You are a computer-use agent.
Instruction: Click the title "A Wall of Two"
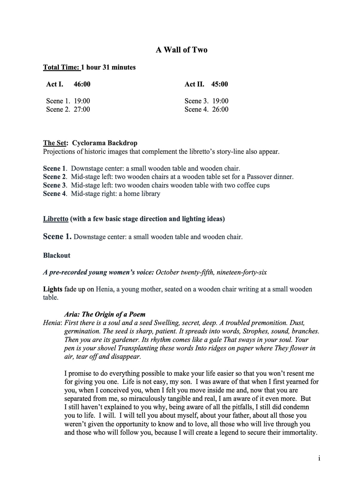(181, 50)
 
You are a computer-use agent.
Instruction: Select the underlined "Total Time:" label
(62, 67)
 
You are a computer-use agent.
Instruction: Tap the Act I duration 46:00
(82, 84)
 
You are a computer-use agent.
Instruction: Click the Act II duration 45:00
(219, 84)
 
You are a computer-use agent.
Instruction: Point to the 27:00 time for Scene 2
(82, 109)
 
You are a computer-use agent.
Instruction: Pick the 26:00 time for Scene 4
(220, 109)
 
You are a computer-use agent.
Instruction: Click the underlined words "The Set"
(54, 143)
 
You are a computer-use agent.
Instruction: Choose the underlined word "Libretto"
(56, 219)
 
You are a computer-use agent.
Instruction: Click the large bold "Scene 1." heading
(57, 237)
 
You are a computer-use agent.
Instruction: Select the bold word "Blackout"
(57, 255)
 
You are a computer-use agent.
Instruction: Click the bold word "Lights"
(53, 289)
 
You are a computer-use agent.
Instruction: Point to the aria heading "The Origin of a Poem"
(114, 314)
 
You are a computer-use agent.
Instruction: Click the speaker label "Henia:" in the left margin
(53, 323)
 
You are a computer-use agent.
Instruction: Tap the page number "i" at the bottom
(319, 458)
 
